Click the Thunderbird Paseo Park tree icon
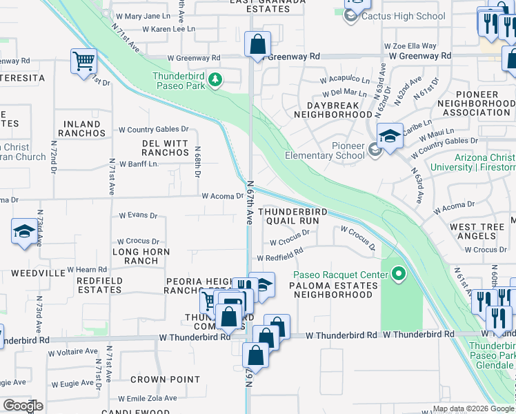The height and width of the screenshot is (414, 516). [215, 81]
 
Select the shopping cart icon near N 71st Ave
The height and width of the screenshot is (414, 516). [83, 61]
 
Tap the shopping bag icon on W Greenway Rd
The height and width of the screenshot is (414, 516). [257, 45]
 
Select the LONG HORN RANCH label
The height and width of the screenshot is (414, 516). [136, 257]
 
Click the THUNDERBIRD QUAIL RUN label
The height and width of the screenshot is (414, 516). [289, 217]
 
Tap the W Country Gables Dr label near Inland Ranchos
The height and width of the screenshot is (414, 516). [153, 129]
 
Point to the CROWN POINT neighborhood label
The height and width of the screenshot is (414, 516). [156, 379]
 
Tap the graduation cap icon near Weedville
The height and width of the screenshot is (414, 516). [24, 232]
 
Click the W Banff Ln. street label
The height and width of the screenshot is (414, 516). [139, 164]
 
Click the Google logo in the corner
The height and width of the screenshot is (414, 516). [23, 406]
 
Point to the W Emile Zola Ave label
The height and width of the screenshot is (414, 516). [147, 399]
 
